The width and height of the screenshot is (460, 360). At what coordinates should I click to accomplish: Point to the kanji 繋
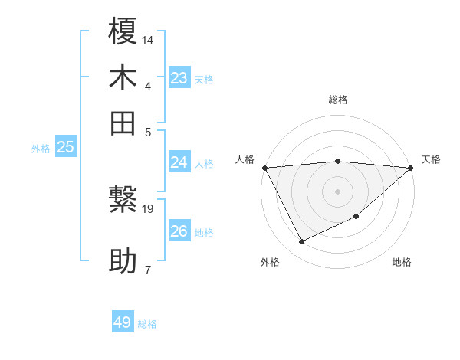tap(123, 202)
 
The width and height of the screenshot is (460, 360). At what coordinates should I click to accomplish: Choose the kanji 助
tap(123, 262)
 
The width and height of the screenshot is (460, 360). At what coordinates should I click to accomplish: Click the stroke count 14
tap(148, 39)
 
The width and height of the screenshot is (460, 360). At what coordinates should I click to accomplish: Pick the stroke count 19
tap(148, 208)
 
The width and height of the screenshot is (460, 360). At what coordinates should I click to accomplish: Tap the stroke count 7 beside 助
tap(147, 269)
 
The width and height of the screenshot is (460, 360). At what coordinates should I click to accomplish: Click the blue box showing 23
tap(179, 78)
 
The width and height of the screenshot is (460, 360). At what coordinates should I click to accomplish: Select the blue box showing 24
tap(179, 162)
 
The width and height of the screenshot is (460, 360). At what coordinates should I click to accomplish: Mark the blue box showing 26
tap(179, 231)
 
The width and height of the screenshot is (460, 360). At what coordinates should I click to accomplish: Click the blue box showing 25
tap(65, 148)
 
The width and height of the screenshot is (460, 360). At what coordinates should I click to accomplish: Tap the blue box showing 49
tap(123, 322)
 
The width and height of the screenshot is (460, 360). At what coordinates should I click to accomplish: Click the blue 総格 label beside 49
tap(147, 324)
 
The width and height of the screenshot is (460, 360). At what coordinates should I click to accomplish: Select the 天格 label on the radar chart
tap(431, 159)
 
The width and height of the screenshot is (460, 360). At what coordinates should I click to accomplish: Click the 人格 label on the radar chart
tap(245, 159)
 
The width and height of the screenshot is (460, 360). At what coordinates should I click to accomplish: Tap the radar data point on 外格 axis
tap(301, 242)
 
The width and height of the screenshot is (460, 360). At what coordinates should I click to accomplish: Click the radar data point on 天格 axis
tap(411, 168)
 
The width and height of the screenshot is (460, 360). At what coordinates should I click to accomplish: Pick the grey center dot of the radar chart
tap(337, 191)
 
